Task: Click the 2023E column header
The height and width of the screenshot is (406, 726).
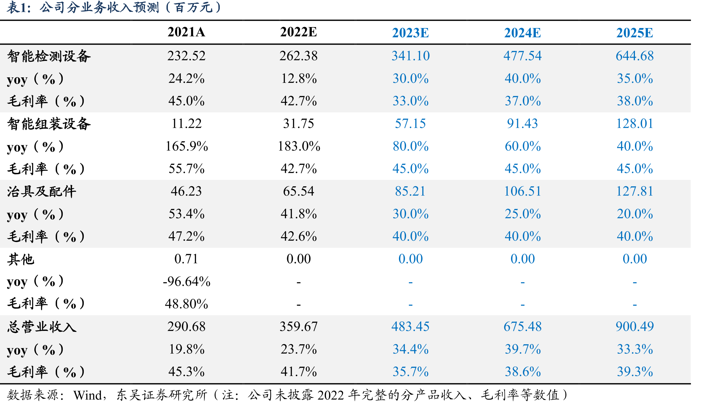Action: pos(410,33)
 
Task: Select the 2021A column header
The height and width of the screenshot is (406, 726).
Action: pos(186,32)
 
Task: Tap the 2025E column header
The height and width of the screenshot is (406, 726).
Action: pos(635,33)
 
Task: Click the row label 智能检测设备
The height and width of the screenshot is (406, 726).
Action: pos(49,56)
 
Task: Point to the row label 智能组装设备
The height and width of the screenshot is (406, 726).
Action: pos(49,124)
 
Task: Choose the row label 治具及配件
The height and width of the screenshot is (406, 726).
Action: pos(42,191)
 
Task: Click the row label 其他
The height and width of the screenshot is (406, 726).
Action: pos(21,259)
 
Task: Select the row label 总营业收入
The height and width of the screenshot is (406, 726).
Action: pos(42,327)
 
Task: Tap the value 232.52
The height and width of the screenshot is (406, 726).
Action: pos(186,56)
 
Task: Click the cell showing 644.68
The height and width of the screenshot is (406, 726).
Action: pos(635,56)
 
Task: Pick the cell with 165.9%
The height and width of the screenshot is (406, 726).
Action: pos(187,146)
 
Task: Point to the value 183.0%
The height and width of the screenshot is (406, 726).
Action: pos(299,146)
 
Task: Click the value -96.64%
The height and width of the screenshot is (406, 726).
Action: pos(187,281)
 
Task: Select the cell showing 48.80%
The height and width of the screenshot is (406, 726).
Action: pos(187,304)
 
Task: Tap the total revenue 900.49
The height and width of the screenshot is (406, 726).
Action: pos(635,326)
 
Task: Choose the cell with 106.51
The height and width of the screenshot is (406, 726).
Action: pos(523,191)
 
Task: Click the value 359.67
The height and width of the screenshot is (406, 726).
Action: pos(299,326)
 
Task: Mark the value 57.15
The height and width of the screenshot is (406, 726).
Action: pos(410,124)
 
